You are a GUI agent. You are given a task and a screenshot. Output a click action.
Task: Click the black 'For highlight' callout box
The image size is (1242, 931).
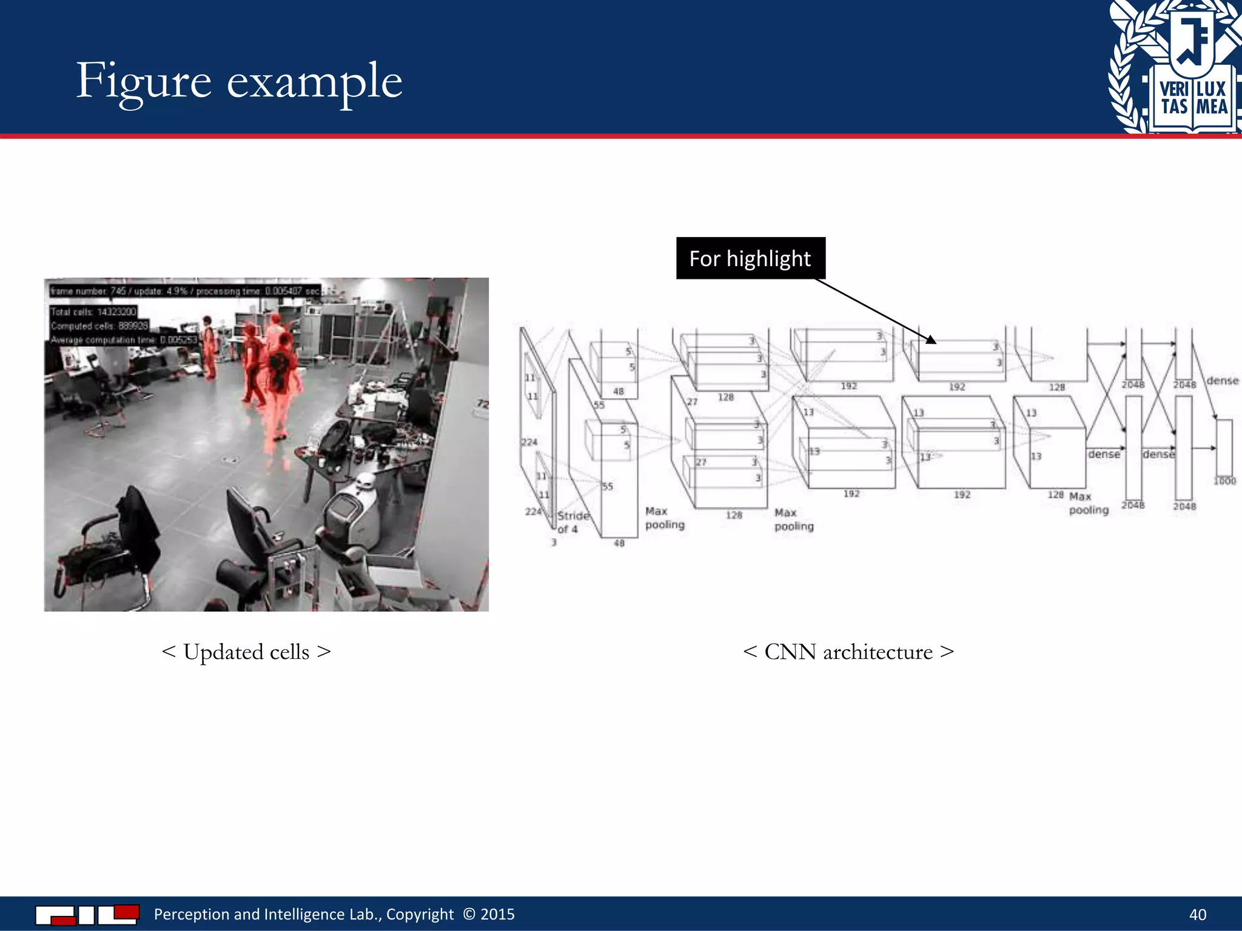click(750, 258)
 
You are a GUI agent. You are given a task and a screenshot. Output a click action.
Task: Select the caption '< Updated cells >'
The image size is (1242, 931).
click(246, 652)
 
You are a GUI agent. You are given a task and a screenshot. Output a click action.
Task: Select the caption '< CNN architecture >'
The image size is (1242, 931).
click(848, 652)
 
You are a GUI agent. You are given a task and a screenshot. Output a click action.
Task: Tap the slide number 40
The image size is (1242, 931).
click(1197, 914)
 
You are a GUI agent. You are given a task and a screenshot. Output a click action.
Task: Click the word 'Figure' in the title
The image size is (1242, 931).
click(144, 82)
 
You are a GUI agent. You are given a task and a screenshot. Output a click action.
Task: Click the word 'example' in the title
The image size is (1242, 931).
click(314, 82)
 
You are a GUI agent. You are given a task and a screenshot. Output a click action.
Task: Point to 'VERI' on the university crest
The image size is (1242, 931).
click(1174, 89)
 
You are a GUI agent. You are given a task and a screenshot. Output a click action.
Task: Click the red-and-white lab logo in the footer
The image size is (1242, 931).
click(87, 914)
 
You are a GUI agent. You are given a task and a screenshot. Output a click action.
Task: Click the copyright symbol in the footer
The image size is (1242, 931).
click(469, 913)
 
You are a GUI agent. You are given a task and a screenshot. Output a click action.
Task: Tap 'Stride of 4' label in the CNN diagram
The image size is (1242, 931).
click(572, 522)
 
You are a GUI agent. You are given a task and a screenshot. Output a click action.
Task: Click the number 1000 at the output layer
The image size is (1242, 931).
click(1224, 481)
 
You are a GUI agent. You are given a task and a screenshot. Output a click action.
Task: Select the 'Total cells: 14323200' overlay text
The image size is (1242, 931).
click(93, 312)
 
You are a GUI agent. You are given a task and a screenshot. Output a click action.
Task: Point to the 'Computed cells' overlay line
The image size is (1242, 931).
click(99, 325)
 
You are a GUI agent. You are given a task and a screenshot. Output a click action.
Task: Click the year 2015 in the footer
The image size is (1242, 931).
click(497, 914)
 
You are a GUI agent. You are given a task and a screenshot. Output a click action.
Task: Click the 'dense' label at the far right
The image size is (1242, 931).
click(1222, 381)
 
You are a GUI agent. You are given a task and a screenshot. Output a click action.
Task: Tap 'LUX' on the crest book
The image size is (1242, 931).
click(1212, 89)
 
